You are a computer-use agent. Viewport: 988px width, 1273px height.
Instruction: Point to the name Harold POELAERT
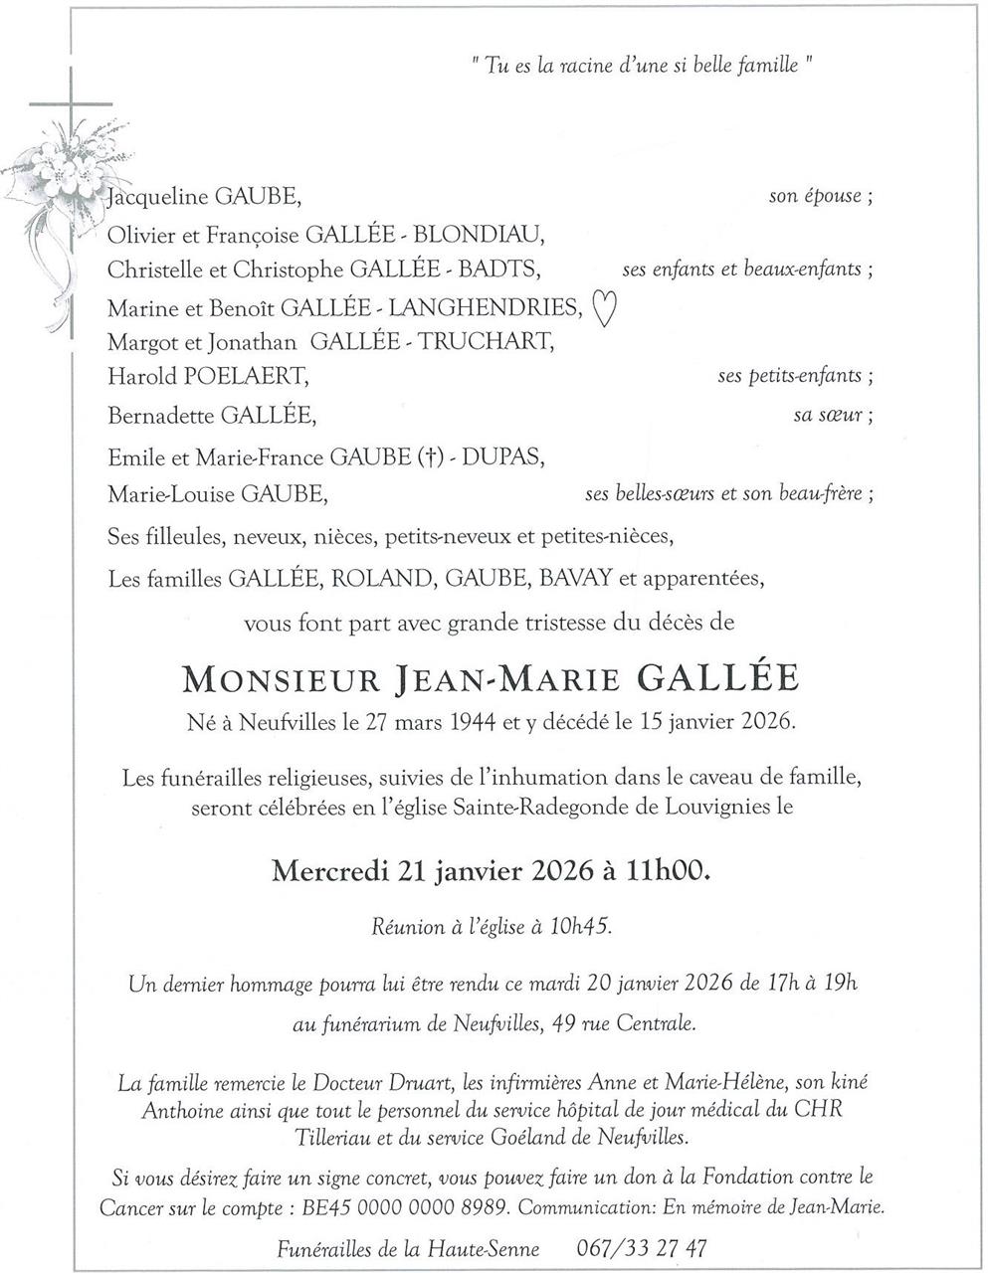coord(208,377)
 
